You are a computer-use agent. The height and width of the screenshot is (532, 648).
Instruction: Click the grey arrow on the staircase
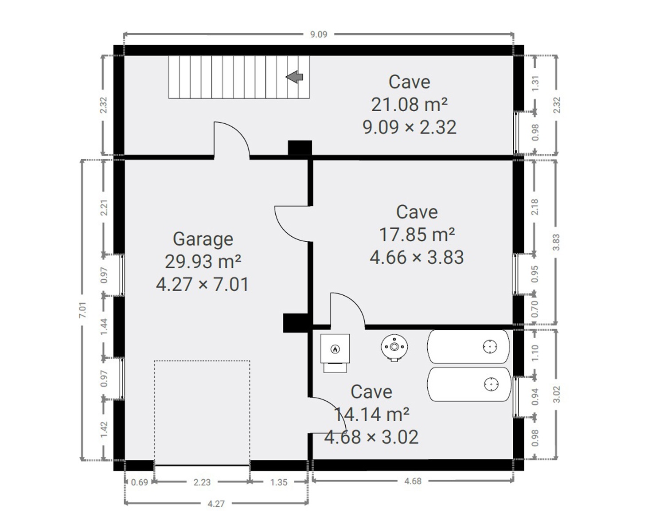coord(294,77)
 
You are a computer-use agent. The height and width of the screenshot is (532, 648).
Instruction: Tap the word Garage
coord(203,239)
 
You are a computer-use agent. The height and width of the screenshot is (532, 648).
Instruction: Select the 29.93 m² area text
coord(203,262)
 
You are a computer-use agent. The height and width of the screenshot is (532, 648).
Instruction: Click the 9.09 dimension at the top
coord(319,35)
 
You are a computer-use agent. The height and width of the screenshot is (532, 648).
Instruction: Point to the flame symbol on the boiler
coord(335,349)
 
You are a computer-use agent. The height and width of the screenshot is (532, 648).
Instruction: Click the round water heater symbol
coord(394,347)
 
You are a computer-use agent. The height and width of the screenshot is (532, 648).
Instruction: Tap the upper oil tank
coord(468,347)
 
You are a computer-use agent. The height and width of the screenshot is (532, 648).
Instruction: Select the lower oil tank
coord(469,384)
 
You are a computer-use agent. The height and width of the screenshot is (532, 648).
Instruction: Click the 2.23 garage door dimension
coord(202,482)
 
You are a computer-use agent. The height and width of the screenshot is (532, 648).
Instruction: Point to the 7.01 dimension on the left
coord(82,310)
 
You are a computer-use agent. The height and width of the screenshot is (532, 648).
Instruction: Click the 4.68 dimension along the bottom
coord(413,481)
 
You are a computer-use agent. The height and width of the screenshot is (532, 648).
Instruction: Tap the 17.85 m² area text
coord(417,235)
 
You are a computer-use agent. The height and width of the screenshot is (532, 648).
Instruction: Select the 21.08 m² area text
coord(409,105)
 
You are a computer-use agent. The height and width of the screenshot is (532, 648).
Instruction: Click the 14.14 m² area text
coord(371,414)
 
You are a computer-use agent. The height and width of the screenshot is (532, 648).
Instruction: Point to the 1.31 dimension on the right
coord(535,83)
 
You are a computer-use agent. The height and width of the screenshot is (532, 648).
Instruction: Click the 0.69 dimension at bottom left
coord(140,482)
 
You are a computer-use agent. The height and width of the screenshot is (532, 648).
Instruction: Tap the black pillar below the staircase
coord(300,148)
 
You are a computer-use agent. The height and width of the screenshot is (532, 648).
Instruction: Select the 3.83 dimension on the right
coord(556,242)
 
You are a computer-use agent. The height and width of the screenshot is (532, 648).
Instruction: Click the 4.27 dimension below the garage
coord(216,504)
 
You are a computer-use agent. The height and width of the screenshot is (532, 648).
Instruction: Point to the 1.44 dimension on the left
coord(104,326)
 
